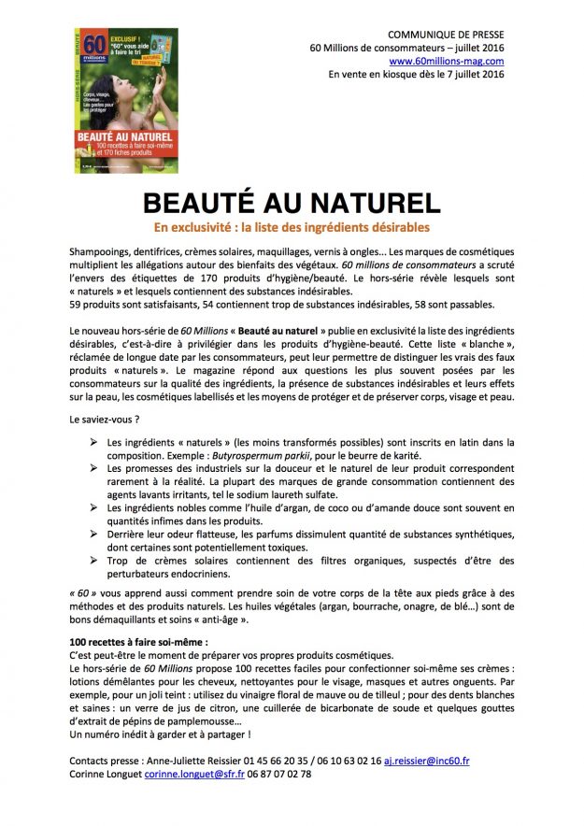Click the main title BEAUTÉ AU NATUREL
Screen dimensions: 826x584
tap(292, 204)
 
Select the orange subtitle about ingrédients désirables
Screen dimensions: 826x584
tap(292, 228)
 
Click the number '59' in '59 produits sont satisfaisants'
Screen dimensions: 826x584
tap(76, 305)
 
